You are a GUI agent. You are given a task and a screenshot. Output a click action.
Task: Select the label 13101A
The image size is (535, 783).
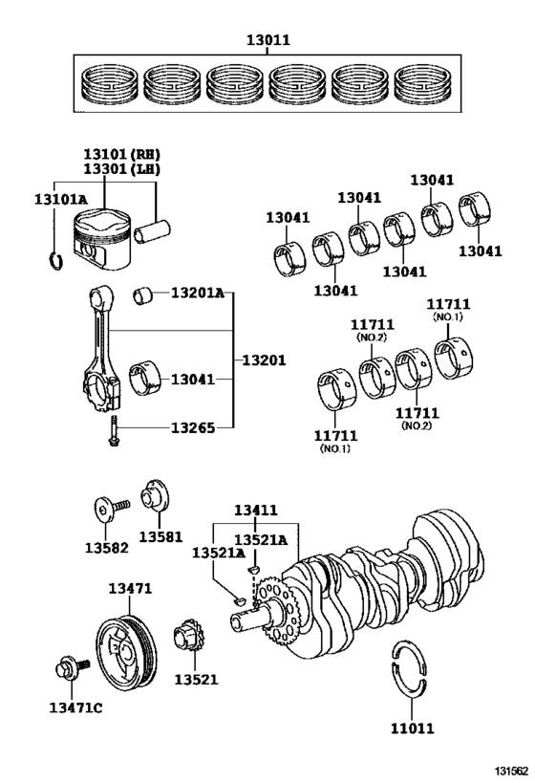tap(62, 198)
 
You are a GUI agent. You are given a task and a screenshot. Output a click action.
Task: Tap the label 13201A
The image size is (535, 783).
tap(197, 293)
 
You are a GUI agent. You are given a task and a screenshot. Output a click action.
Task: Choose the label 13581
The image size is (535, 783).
tap(160, 536)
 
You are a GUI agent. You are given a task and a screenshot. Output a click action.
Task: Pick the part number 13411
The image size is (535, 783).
tap(256, 511)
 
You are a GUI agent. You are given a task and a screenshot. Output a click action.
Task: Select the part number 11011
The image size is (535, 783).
tap(412, 728)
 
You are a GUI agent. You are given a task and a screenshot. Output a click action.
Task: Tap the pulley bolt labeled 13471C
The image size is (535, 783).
tap(70, 668)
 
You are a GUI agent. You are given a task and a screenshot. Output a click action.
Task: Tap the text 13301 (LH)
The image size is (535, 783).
tap(120, 169)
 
